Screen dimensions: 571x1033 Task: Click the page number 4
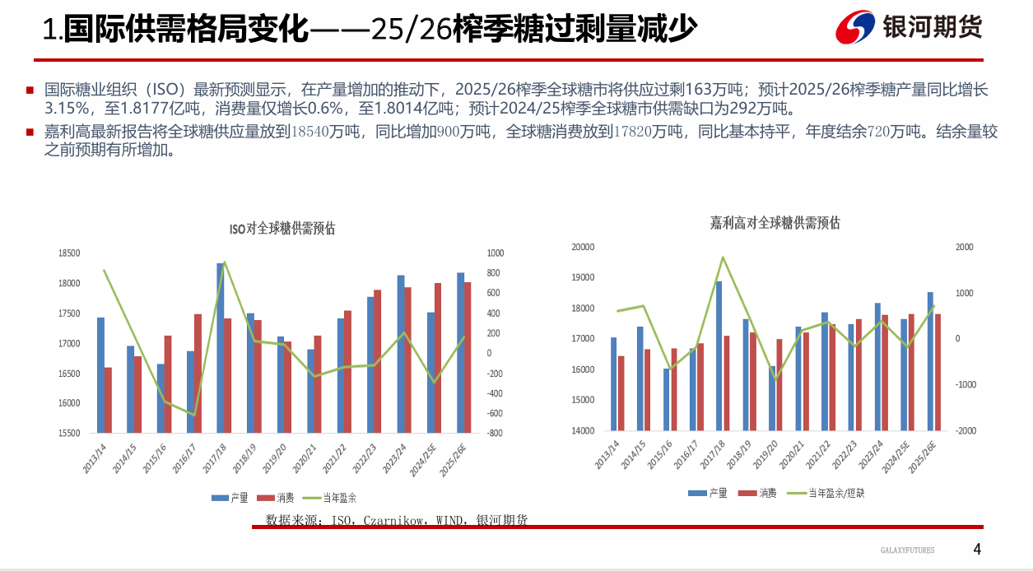tap(977, 549)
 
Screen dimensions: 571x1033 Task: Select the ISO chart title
tap(282, 230)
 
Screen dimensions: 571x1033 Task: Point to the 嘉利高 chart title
tap(775, 223)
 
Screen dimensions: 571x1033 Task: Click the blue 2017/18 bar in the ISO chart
tap(221, 347)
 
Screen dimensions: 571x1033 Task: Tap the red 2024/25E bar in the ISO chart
tap(438, 358)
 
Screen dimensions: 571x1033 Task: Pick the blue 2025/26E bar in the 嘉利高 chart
tap(930, 361)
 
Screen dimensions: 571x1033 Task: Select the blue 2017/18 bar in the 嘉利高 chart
tap(719, 355)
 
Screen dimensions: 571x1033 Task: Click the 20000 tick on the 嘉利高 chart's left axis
tap(582, 247)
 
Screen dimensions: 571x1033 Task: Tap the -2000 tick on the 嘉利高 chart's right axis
tap(965, 431)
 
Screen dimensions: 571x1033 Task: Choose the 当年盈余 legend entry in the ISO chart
tap(329, 498)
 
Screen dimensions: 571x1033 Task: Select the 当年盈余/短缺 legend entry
tap(826, 494)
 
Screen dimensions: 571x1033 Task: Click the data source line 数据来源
tap(396, 520)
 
